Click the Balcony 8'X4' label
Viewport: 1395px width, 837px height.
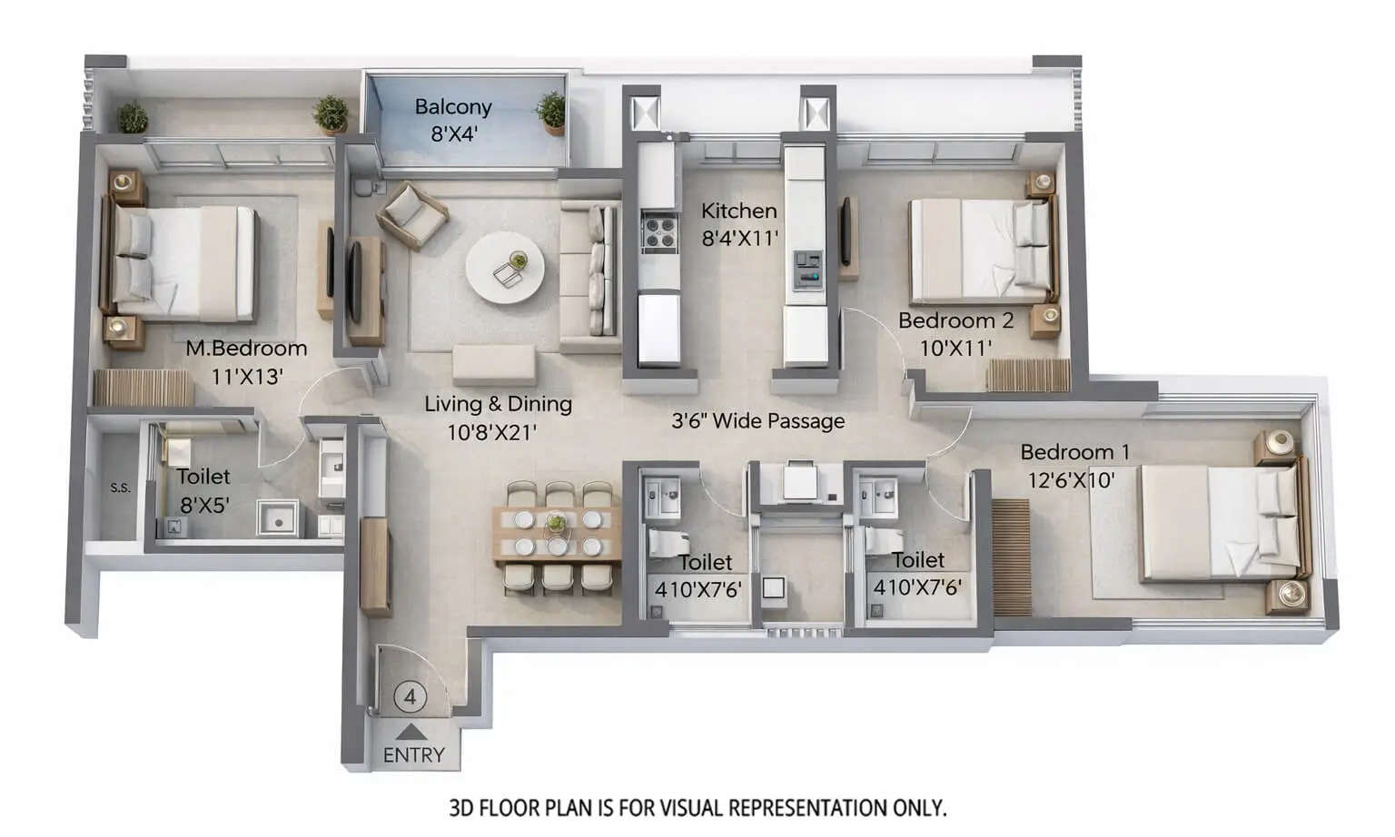pos(453,120)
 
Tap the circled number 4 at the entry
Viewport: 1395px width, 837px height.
pos(411,697)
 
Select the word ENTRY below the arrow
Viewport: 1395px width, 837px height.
pos(413,754)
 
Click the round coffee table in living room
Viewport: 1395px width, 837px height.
pos(505,268)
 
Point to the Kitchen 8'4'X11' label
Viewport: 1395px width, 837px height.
pos(739,224)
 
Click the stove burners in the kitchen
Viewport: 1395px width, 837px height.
pos(658,233)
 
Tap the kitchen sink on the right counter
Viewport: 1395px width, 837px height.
pos(807,269)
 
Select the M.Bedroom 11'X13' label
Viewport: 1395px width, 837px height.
pos(246,361)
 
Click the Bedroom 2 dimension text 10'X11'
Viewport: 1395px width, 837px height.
pos(955,347)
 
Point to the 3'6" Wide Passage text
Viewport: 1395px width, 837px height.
pos(757,421)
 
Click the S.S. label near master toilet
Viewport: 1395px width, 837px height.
pos(121,487)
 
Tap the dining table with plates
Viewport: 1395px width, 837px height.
pos(557,534)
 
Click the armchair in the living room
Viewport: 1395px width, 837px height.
pos(412,214)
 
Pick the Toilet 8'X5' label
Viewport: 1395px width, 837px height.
pos(203,490)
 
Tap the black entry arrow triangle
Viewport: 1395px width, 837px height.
pos(411,730)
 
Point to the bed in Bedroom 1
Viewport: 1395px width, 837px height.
pos(1217,523)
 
